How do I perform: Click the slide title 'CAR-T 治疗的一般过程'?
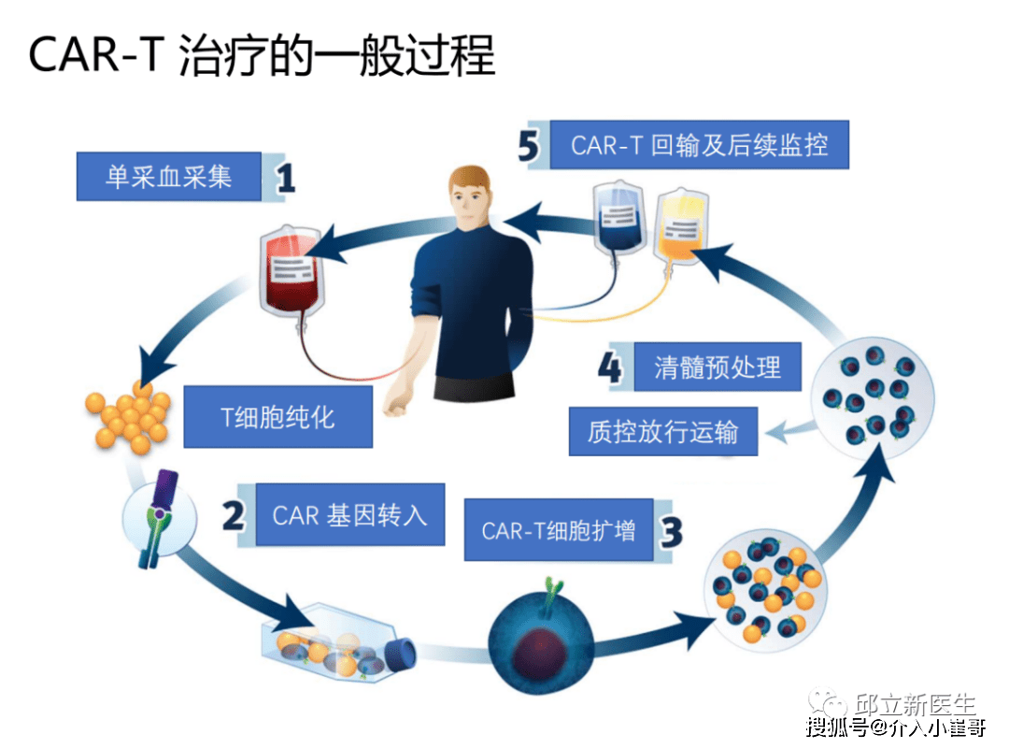[262, 56]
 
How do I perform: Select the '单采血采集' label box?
[169, 176]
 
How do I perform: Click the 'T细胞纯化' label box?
[277, 415]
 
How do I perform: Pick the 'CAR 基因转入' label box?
[349, 514]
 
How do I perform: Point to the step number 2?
[234, 515]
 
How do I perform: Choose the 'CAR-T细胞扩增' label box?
[558, 530]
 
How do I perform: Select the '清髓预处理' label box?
[717, 367]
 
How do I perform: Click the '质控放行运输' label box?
[662, 431]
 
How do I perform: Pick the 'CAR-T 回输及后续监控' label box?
[699, 145]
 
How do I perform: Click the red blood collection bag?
[290, 271]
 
